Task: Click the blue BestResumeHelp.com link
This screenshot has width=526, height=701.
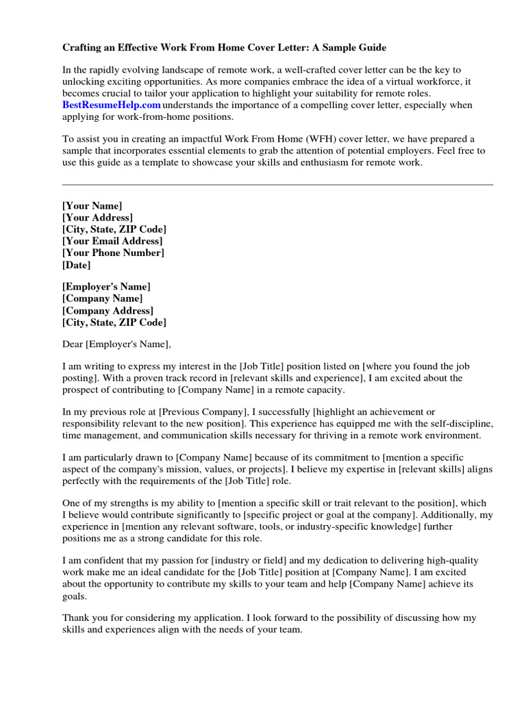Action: tap(112, 105)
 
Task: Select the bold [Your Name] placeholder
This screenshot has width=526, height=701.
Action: tap(92, 206)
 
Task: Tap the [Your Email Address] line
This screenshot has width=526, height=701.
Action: tap(112, 241)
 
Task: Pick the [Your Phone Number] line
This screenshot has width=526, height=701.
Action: tap(113, 253)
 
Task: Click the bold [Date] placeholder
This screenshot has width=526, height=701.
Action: tap(76, 264)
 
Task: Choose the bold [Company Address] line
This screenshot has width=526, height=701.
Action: tap(108, 311)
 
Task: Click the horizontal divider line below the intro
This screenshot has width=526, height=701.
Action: tap(277, 184)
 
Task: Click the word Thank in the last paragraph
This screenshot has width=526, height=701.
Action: tap(77, 617)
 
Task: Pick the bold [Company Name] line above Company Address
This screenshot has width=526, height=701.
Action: tap(102, 299)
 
